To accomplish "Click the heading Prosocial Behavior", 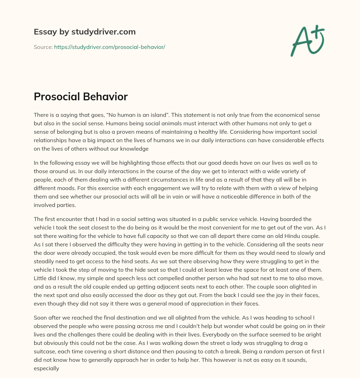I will point(81,96).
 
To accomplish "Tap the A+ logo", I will point(307,41).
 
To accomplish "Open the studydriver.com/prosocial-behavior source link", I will point(110,47).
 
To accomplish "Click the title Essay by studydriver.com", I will point(85,32).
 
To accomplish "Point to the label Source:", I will point(43,47).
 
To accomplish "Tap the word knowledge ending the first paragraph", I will point(134,149).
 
